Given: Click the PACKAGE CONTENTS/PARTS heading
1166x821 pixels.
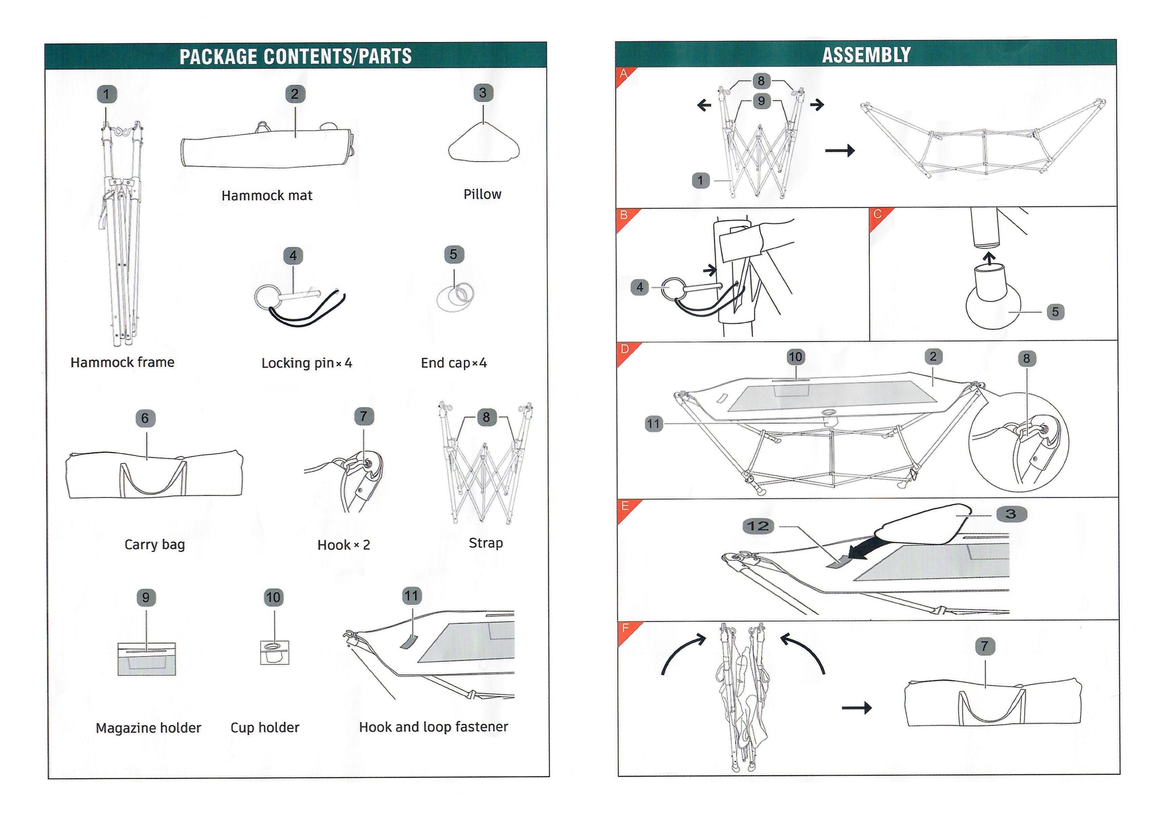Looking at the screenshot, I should pos(295,56).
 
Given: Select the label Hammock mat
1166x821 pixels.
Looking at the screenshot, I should pos(267,196).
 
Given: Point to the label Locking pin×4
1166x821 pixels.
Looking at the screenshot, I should pos(306,363).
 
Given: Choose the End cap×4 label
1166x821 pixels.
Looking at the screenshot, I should pos(453,363).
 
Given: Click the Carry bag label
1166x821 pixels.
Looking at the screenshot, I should pos(155,544).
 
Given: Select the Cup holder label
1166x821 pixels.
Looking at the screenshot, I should pos(265,727).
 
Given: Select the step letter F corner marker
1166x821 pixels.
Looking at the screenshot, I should pos(625,628).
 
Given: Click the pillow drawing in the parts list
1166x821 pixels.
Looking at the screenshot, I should pos(484,145).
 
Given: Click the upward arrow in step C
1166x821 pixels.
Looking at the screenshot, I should pos(988,259).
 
